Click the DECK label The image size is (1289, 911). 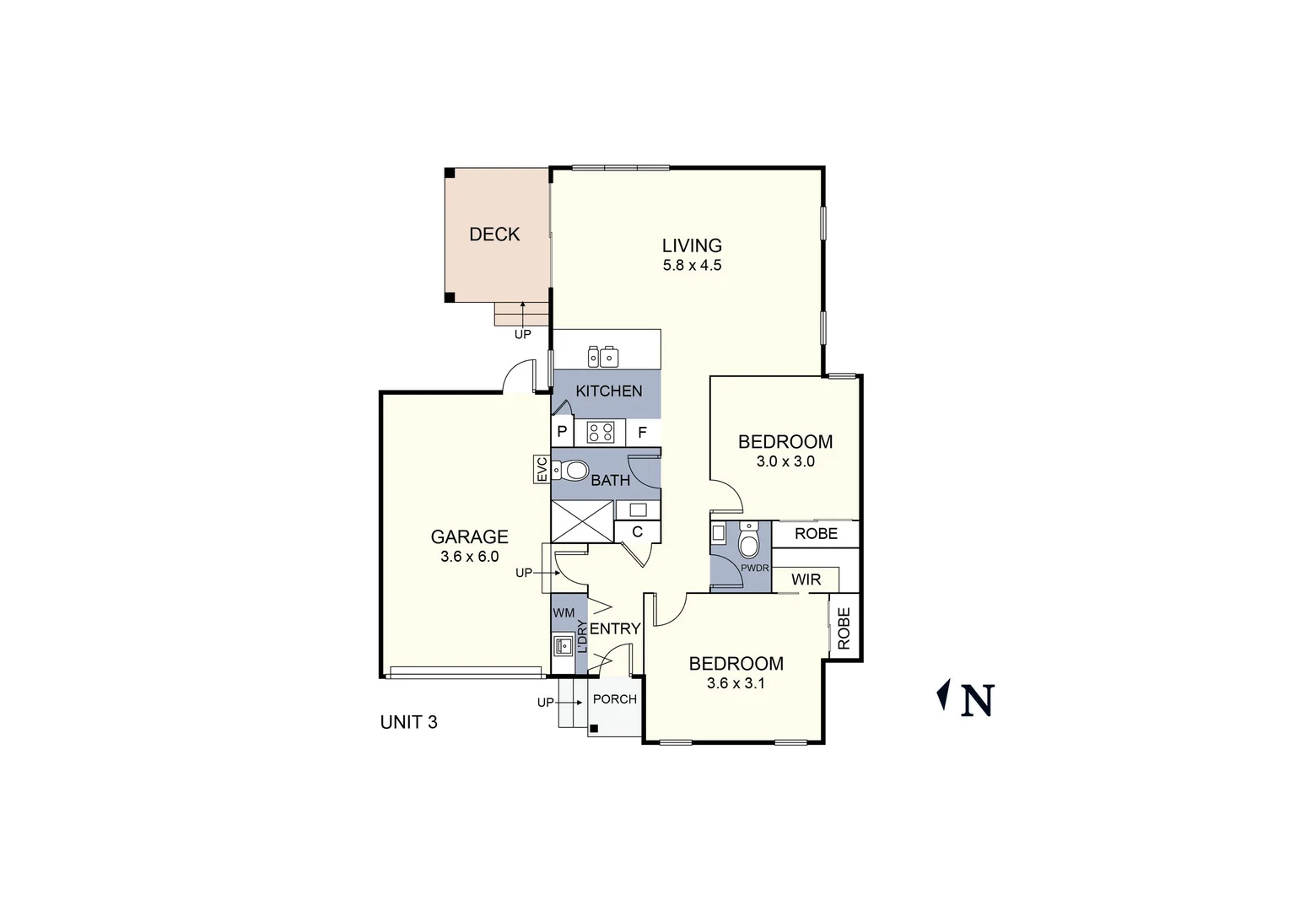coord(494,234)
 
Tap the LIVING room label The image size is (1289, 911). coord(692,245)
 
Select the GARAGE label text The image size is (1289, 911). coord(469,536)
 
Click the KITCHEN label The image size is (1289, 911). coord(608,391)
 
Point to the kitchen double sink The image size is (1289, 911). coord(603,357)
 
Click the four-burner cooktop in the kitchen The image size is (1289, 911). coord(601,433)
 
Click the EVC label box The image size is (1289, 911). coord(542,470)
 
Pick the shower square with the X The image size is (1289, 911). coord(582,521)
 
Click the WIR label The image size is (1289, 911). coord(806,580)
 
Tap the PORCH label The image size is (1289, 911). coord(615,699)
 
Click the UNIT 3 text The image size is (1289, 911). coord(408,722)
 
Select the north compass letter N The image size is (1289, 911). coord(978,700)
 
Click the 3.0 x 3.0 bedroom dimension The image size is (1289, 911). coord(785,461)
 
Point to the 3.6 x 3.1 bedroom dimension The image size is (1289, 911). coord(736,683)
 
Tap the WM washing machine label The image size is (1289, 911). coord(564,612)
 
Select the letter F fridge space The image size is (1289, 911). coord(642,433)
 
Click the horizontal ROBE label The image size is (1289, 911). coord(816,533)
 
